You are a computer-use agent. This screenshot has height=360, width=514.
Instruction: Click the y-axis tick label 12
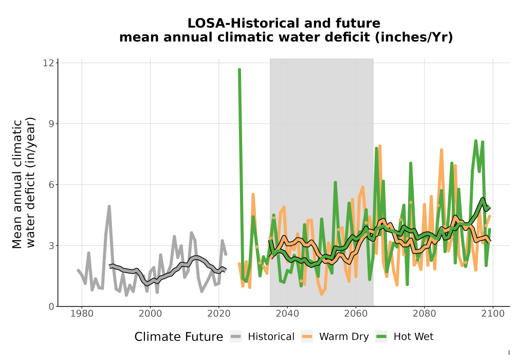pyautogui.click(x=48, y=63)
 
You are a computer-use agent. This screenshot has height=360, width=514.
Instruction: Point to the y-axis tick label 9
pyautogui.click(x=51, y=124)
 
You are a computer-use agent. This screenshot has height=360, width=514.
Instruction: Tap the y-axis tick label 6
pyautogui.click(x=51, y=185)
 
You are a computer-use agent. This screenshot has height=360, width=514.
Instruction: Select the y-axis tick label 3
pyautogui.click(x=51, y=246)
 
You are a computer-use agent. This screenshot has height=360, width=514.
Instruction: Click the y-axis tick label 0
pyautogui.click(x=51, y=307)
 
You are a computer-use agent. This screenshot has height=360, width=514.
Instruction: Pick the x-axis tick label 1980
pyautogui.click(x=82, y=314)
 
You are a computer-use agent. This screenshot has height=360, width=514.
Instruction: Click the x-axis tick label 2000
pyautogui.click(x=151, y=314)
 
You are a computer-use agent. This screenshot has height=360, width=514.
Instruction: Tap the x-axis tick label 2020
pyautogui.click(x=219, y=314)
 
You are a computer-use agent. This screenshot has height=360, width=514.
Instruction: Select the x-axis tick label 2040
pyautogui.click(x=287, y=314)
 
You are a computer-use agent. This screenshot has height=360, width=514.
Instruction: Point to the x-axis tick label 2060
pyautogui.click(x=356, y=314)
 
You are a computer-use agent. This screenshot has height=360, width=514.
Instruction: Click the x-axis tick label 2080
pyautogui.click(x=425, y=314)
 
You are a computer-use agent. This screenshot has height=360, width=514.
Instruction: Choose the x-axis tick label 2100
pyautogui.click(x=493, y=314)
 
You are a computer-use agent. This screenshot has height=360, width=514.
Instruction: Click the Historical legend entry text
pyautogui.click(x=271, y=337)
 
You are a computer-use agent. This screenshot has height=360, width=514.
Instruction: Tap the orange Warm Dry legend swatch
pyautogui.click(x=307, y=336)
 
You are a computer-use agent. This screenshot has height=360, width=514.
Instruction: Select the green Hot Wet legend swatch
pyautogui.click(x=381, y=336)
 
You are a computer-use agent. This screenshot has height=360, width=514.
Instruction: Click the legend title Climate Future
pyautogui.click(x=179, y=337)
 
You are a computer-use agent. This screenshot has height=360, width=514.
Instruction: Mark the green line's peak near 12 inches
pyautogui.click(x=240, y=70)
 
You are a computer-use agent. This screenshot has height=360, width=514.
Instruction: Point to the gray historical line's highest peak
pyautogui.click(x=109, y=207)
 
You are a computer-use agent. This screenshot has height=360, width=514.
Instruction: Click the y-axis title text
pyautogui.click(x=23, y=183)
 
